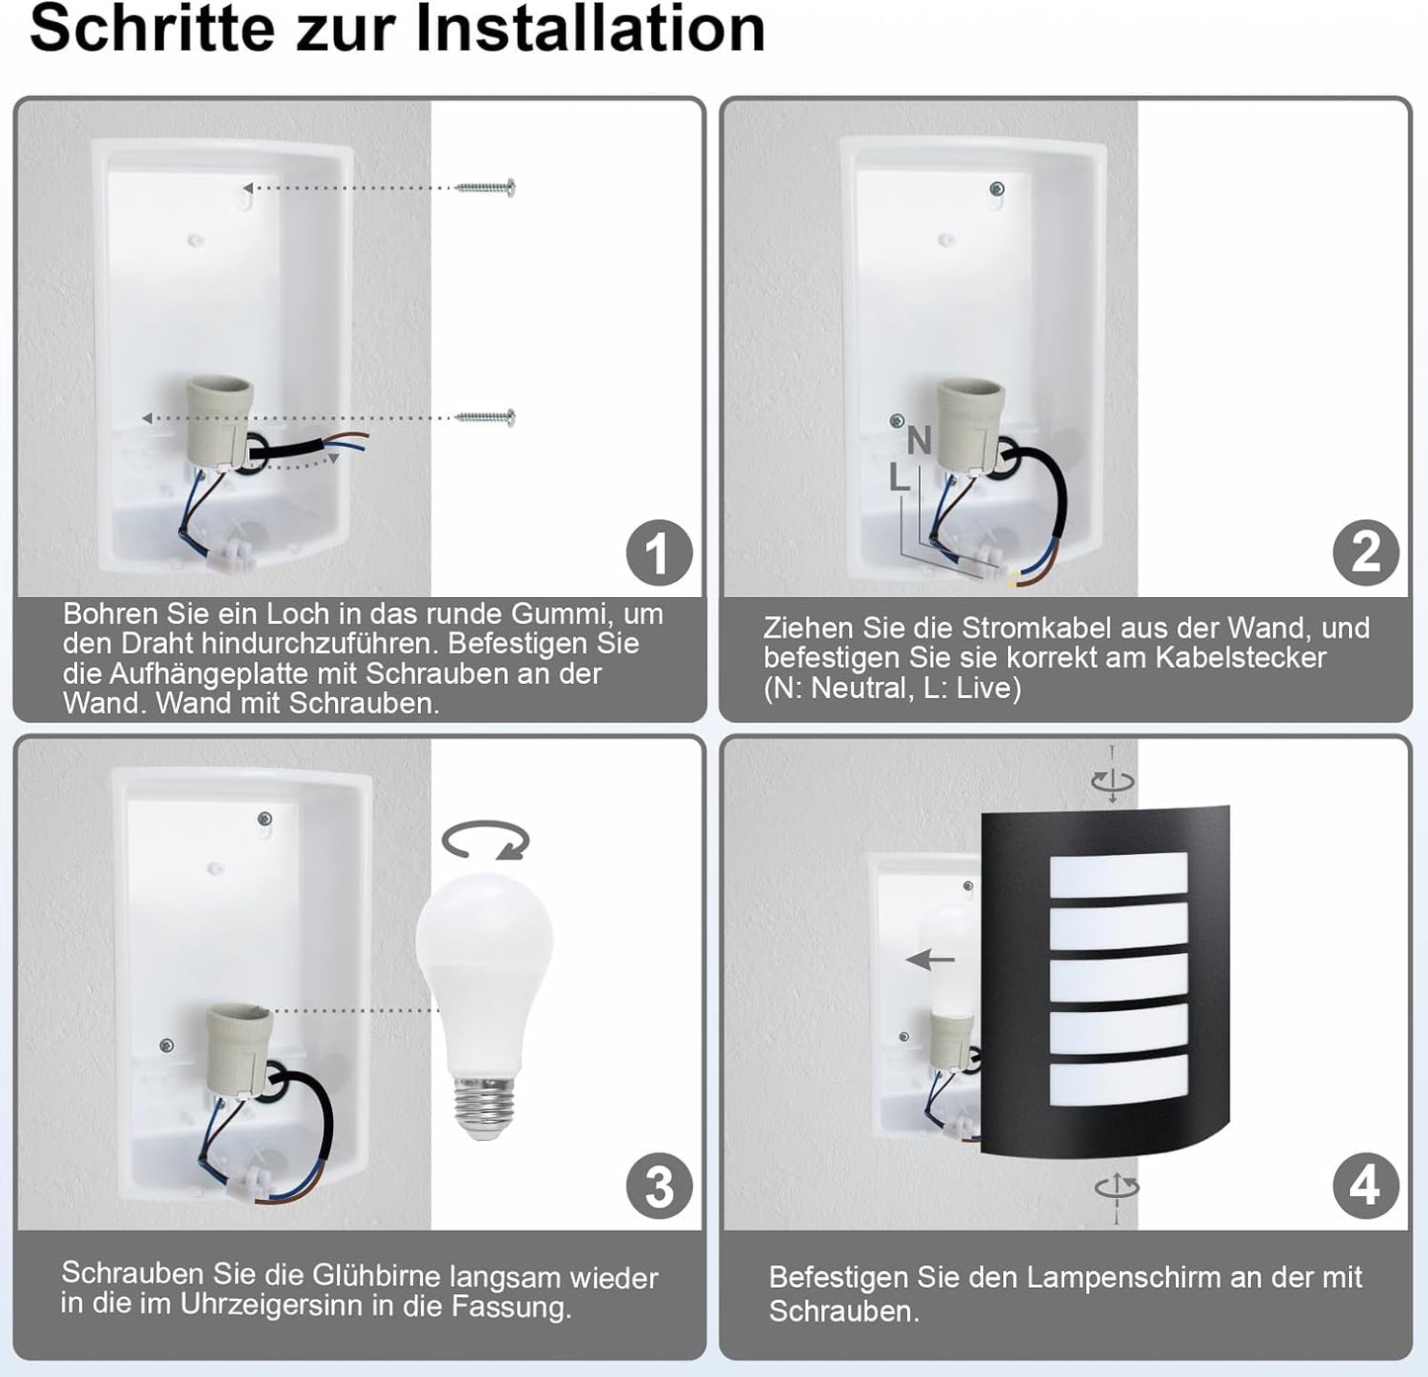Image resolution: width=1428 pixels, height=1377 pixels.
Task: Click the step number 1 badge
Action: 659,553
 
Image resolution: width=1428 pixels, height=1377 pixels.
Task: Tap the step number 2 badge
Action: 1366,552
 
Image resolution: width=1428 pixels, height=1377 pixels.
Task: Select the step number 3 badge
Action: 659,1186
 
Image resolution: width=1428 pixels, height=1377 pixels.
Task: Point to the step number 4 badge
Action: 1366,1185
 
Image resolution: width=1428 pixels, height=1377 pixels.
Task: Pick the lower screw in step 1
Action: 486,418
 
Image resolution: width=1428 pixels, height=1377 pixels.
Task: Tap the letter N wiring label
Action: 919,441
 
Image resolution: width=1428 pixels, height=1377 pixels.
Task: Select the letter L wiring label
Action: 898,478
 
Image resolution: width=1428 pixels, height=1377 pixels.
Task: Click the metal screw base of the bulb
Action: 482,1103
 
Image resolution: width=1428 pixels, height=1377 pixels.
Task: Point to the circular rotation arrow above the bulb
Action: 485,841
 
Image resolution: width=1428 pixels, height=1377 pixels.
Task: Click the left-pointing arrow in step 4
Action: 931,959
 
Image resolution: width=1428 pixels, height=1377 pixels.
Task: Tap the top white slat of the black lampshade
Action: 1118,875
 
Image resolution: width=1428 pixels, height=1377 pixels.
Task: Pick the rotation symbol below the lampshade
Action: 1116,1186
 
